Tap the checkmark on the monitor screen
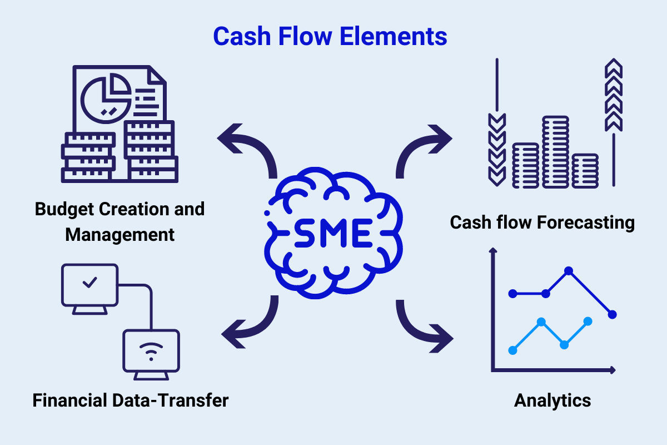[x=89, y=283]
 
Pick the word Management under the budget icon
[x=120, y=234]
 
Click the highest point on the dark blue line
[x=569, y=271]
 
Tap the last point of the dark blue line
[x=613, y=314]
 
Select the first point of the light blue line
[x=513, y=350]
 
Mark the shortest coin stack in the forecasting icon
[x=585, y=170]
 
